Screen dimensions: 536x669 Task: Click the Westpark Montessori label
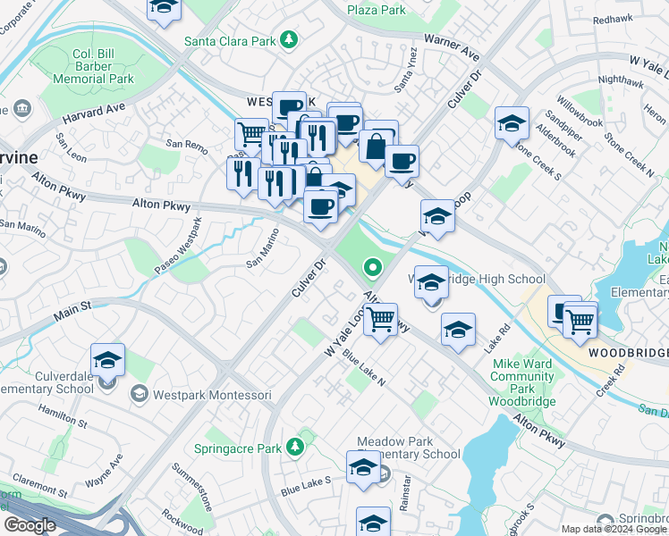[x=199, y=394]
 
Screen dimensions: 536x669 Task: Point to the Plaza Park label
[x=377, y=10]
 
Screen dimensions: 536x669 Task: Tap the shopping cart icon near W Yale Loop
[x=382, y=319]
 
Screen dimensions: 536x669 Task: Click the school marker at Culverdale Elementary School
[x=108, y=360]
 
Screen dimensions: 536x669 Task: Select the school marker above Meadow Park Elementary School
[x=363, y=467]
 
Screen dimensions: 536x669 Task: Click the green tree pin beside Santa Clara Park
[x=288, y=39]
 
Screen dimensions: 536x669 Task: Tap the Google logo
[x=30, y=525]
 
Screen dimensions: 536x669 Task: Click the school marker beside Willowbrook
[x=511, y=123]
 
